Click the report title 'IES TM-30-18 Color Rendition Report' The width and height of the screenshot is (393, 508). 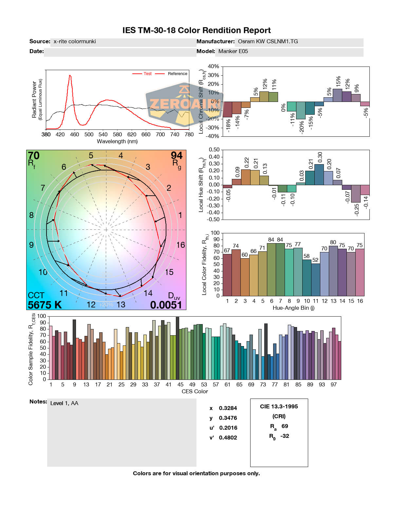pyautogui.click(x=196, y=30)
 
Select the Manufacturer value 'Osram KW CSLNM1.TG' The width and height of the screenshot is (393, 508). pyautogui.click(x=268, y=42)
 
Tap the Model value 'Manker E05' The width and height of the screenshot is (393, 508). pyautogui.click(x=233, y=51)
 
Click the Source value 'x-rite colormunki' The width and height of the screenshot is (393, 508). pyautogui.click(x=75, y=42)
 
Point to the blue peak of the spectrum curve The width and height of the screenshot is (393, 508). pyautogui.click(x=70, y=76)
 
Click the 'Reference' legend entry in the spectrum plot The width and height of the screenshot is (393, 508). pyautogui.click(x=177, y=74)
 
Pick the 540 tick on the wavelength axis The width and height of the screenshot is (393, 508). pyautogui.click(x=103, y=134)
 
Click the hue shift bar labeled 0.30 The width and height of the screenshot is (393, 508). pyautogui.click(x=319, y=174)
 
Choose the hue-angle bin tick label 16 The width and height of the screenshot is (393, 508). pyautogui.click(x=360, y=301)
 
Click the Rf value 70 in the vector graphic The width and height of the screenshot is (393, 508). pyautogui.click(x=34, y=156)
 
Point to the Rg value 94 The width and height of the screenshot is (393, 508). pyautogui.click(x=177, y=156)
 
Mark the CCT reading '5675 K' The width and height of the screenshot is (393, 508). pyautogui.click(x=45, y=305)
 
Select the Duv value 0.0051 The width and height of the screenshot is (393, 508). pyautogui.click(x=166, y=305)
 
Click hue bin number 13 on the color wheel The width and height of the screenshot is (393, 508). pyautogui.click(x=121, y=304)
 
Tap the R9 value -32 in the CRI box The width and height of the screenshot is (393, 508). pyautogui.click(x=285, y=436)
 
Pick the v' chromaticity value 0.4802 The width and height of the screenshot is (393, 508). pyautogui.click(x=228, y=438)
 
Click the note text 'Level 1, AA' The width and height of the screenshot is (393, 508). pyautogui.click(x=64, y=403)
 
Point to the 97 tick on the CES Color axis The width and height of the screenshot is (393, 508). pyautogui.click(x=333, y=384)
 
